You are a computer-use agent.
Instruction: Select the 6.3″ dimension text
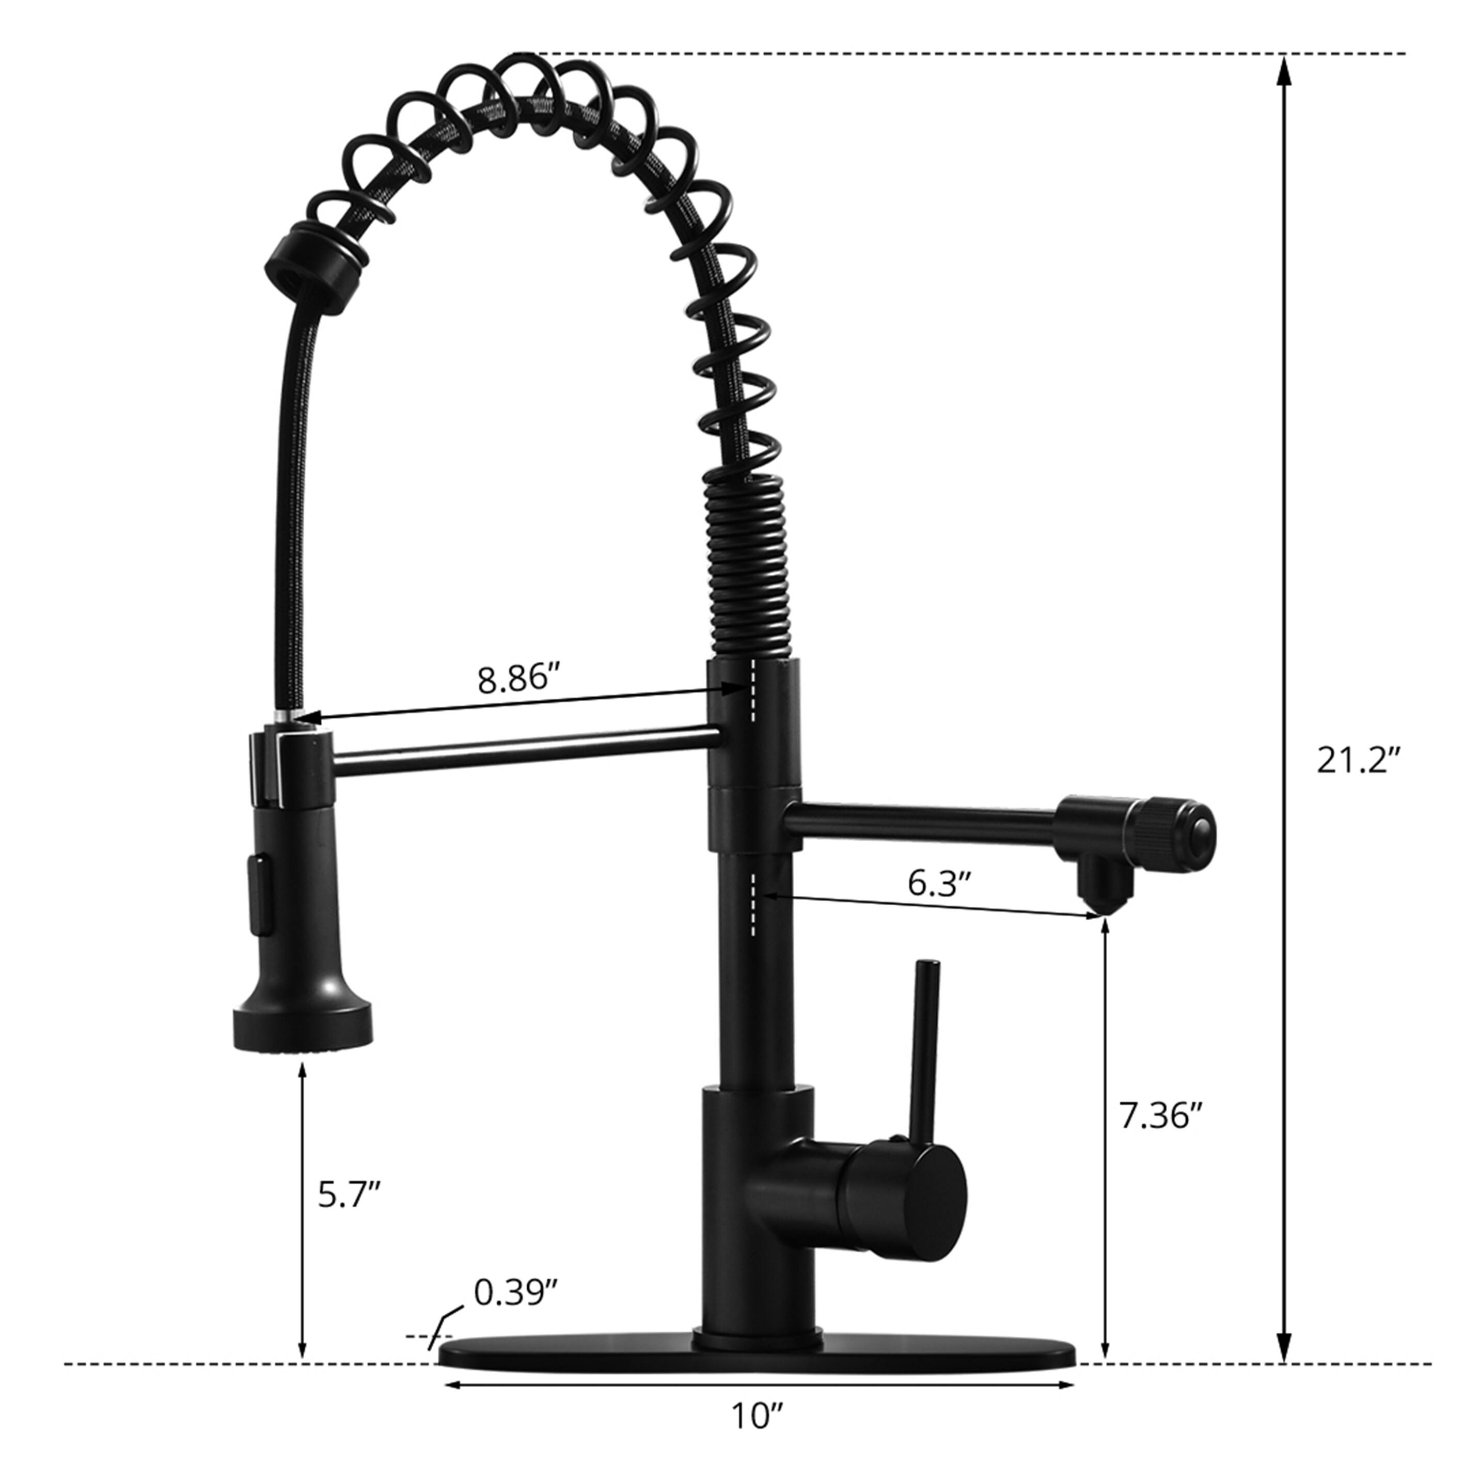pos(940,883)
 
